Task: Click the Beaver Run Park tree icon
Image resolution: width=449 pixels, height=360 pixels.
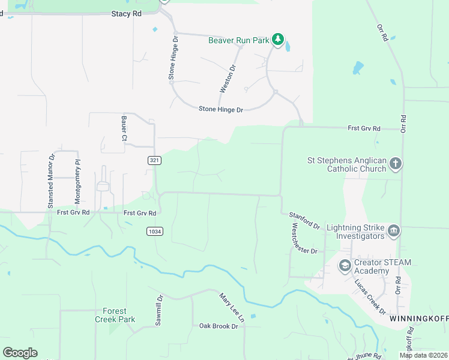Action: [278, 40]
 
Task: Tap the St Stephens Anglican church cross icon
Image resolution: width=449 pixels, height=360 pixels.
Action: [395, 163]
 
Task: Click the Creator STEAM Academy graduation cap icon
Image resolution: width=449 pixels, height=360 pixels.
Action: [345, 265]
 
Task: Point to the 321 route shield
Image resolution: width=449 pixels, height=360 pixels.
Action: [155, 160]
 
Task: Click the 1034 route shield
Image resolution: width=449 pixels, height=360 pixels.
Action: [154, 231]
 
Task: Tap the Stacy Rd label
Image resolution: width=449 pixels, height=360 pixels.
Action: [126, 13]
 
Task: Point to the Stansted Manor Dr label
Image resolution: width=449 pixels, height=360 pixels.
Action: [52, 182]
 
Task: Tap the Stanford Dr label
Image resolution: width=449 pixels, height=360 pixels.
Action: [304, 220]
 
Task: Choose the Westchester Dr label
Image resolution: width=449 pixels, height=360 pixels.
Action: [304, 239]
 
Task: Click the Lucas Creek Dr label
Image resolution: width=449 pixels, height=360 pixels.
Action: [370, 296]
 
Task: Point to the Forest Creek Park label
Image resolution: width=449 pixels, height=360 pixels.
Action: [114, 315]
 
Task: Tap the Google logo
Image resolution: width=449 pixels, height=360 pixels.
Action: [20, 353]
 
